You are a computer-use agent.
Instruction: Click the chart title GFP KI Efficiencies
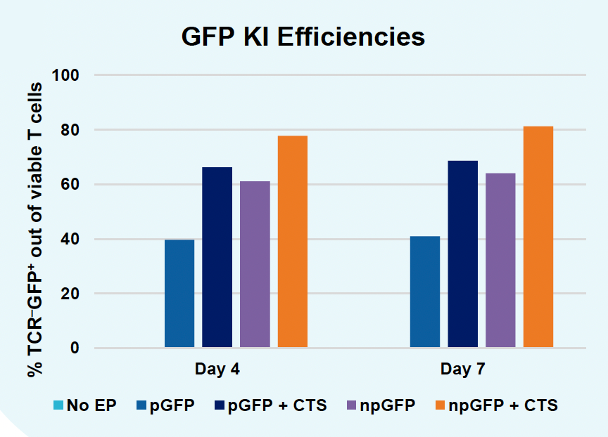(303, 37)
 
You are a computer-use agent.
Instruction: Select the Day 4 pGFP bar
(179, 294)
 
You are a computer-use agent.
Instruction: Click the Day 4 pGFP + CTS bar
(217, 257)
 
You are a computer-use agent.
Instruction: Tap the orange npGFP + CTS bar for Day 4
(293, 242)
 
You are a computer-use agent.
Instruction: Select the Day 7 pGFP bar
(425, 292)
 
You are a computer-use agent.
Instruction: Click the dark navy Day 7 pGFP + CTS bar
(462, 254)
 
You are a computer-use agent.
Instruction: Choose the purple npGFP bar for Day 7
(500, 261)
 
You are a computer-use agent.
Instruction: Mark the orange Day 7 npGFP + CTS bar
(538, 237)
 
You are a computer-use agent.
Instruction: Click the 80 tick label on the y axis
(71, 130)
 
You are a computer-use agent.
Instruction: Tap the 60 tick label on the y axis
(71, 185)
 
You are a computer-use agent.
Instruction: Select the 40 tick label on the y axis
(71, 240)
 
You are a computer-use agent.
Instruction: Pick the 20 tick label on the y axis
(71, 294)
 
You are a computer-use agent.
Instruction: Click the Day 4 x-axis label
(217, 369)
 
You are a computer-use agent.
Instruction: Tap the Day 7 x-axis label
(462, 369)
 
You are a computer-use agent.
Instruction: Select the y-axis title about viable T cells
(35, 228)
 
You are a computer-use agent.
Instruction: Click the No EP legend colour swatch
(58, 405)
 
